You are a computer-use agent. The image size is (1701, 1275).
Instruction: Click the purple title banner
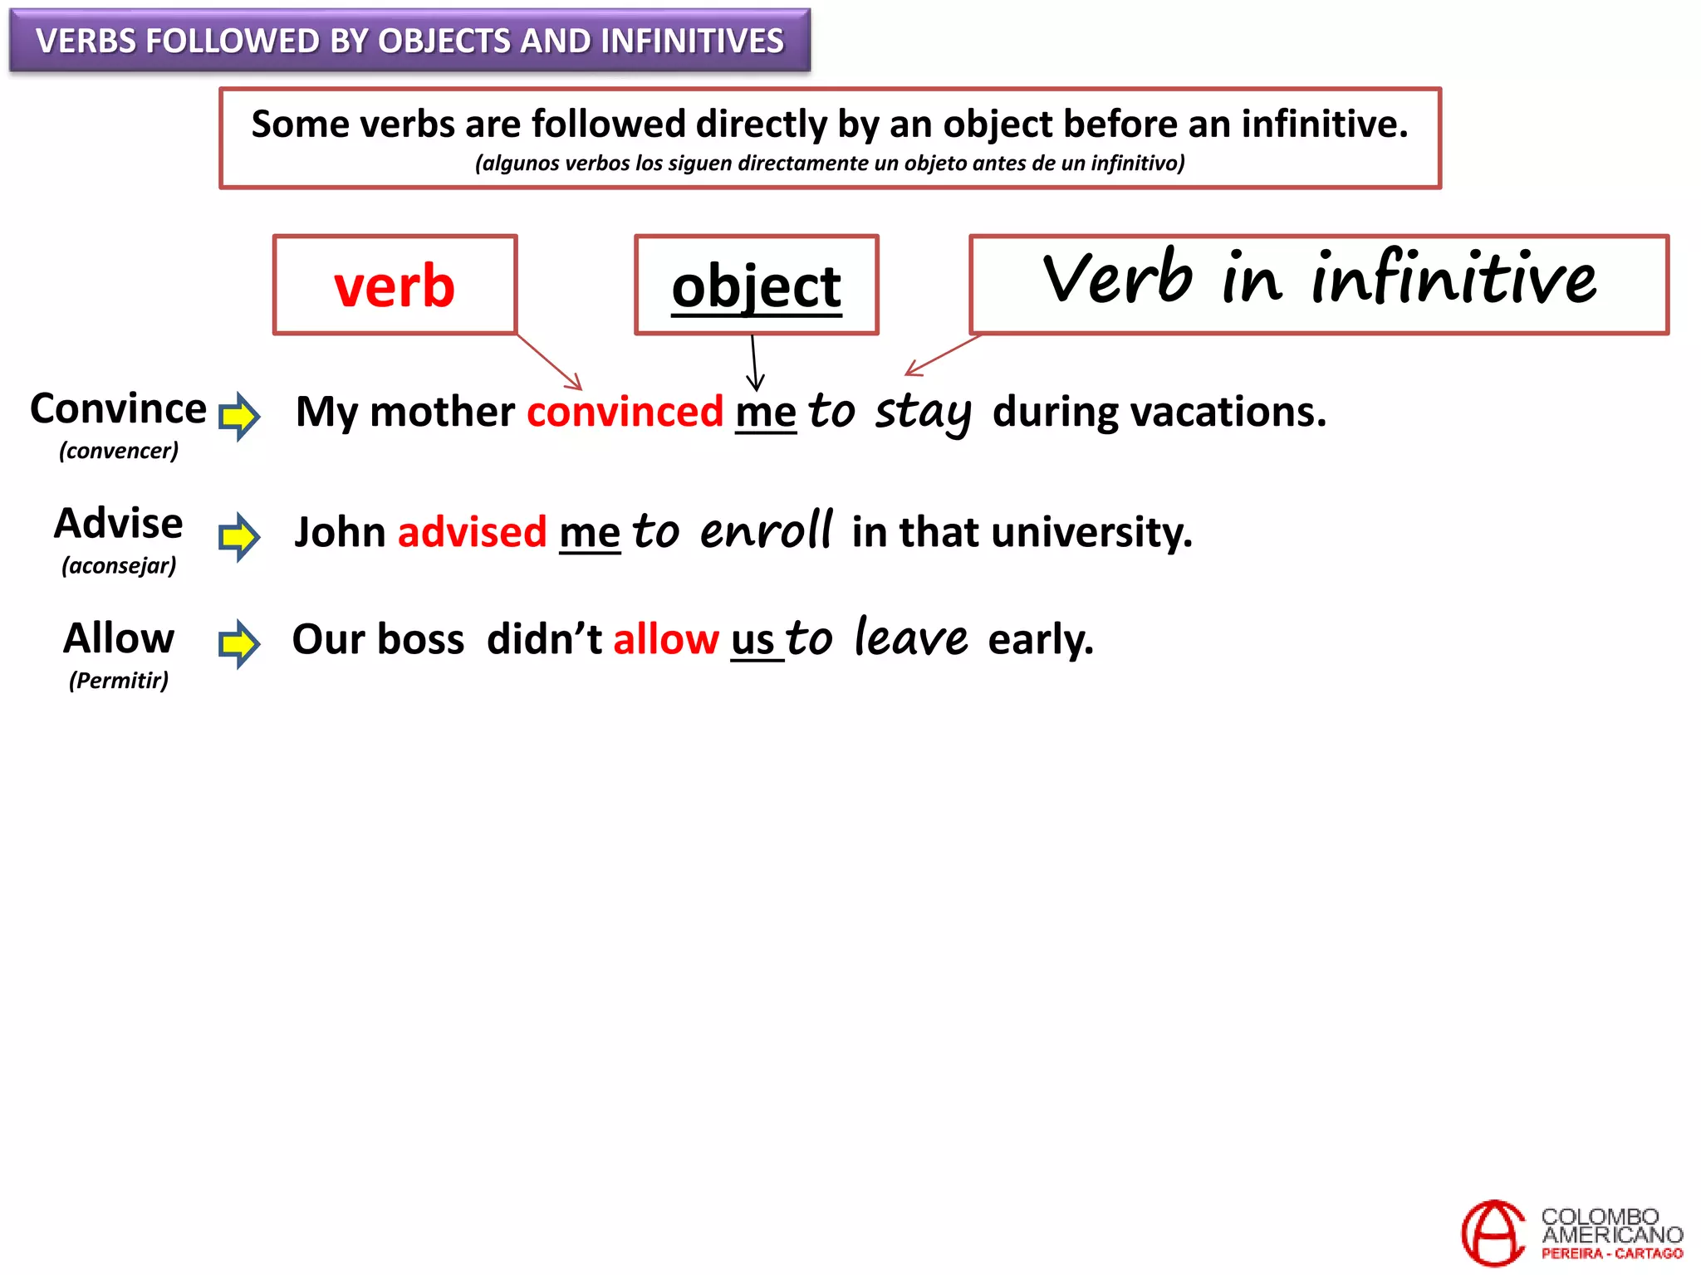(x=409, y=41)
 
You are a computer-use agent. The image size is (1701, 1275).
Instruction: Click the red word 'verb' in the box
(x=395, y=286)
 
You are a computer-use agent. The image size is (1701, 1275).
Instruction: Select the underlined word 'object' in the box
(x=756, y=286)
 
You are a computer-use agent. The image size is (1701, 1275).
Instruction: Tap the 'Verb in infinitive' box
(x=1319, y=284)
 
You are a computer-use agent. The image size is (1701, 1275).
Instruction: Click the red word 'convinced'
(x=625, y=412)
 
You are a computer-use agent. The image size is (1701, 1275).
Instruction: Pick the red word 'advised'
(x=472, y=532)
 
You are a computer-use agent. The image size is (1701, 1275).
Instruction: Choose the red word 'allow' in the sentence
(x=666, y=639)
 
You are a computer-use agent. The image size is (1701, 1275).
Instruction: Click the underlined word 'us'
(x=752, y=640)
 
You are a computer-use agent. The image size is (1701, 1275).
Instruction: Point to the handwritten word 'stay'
(x=923, y=412)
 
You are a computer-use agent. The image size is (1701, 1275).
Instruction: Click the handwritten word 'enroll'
(x=766, y=531)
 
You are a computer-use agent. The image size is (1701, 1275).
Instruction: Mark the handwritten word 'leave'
(x=910, y=638)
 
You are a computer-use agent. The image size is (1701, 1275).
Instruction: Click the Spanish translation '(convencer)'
(x=119, y=451)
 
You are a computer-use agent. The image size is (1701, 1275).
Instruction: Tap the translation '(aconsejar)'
(x=119, y=566)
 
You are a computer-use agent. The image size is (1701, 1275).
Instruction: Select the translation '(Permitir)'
(x=119, y=681)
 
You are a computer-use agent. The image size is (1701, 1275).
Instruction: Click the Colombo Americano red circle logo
(x=1493, y=1233)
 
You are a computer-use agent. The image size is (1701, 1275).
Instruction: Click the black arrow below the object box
(x=754, y=364)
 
